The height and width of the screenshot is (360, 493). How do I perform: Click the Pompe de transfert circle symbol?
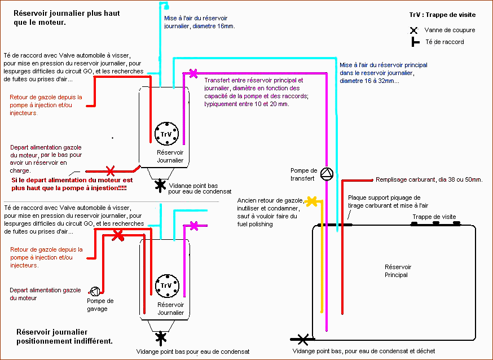pos(327,174)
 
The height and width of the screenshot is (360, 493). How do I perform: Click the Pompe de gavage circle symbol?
pos(94,291)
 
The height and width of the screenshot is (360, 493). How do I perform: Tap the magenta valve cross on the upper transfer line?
pos(193,73)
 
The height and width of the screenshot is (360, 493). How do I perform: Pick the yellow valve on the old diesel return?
pos(311,200)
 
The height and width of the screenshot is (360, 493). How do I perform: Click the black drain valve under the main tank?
pos(303,339)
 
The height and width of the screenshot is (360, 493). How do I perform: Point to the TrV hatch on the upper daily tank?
pos(166,134)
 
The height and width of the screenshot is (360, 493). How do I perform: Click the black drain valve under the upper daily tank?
pos(160,185)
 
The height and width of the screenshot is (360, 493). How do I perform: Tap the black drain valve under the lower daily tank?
pos(161,337)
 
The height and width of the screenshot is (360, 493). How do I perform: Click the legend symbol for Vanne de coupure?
pos(414,30)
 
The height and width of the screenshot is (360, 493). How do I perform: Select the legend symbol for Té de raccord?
pos(415,42)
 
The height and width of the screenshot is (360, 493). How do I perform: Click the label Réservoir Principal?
pos(396,271)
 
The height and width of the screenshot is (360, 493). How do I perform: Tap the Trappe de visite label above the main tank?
pos(434,217)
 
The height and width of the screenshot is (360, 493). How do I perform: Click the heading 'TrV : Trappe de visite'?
pos(442,15)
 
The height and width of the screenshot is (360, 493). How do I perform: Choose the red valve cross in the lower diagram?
pos(117,235)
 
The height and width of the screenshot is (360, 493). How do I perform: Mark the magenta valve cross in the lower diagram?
pos(194,226)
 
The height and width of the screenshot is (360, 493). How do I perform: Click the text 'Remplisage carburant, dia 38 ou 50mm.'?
pos(429,180)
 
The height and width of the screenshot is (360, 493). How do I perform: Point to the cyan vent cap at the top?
pos(166,6)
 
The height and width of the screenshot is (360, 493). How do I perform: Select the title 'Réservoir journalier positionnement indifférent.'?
pos(64,336)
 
